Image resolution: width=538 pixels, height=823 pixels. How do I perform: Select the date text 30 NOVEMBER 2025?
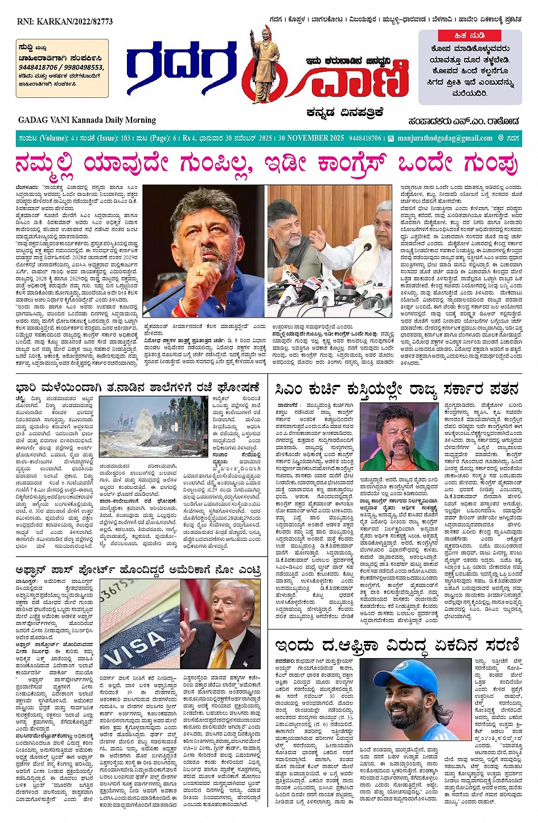(x=311, y=138)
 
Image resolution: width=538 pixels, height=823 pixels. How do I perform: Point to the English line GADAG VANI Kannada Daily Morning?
(x=87, y=120)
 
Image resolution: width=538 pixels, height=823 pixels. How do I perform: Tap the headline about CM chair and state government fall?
(x=397, y=389)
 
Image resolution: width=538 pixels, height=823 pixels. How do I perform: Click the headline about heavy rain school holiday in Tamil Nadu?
(x=138, y=388)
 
